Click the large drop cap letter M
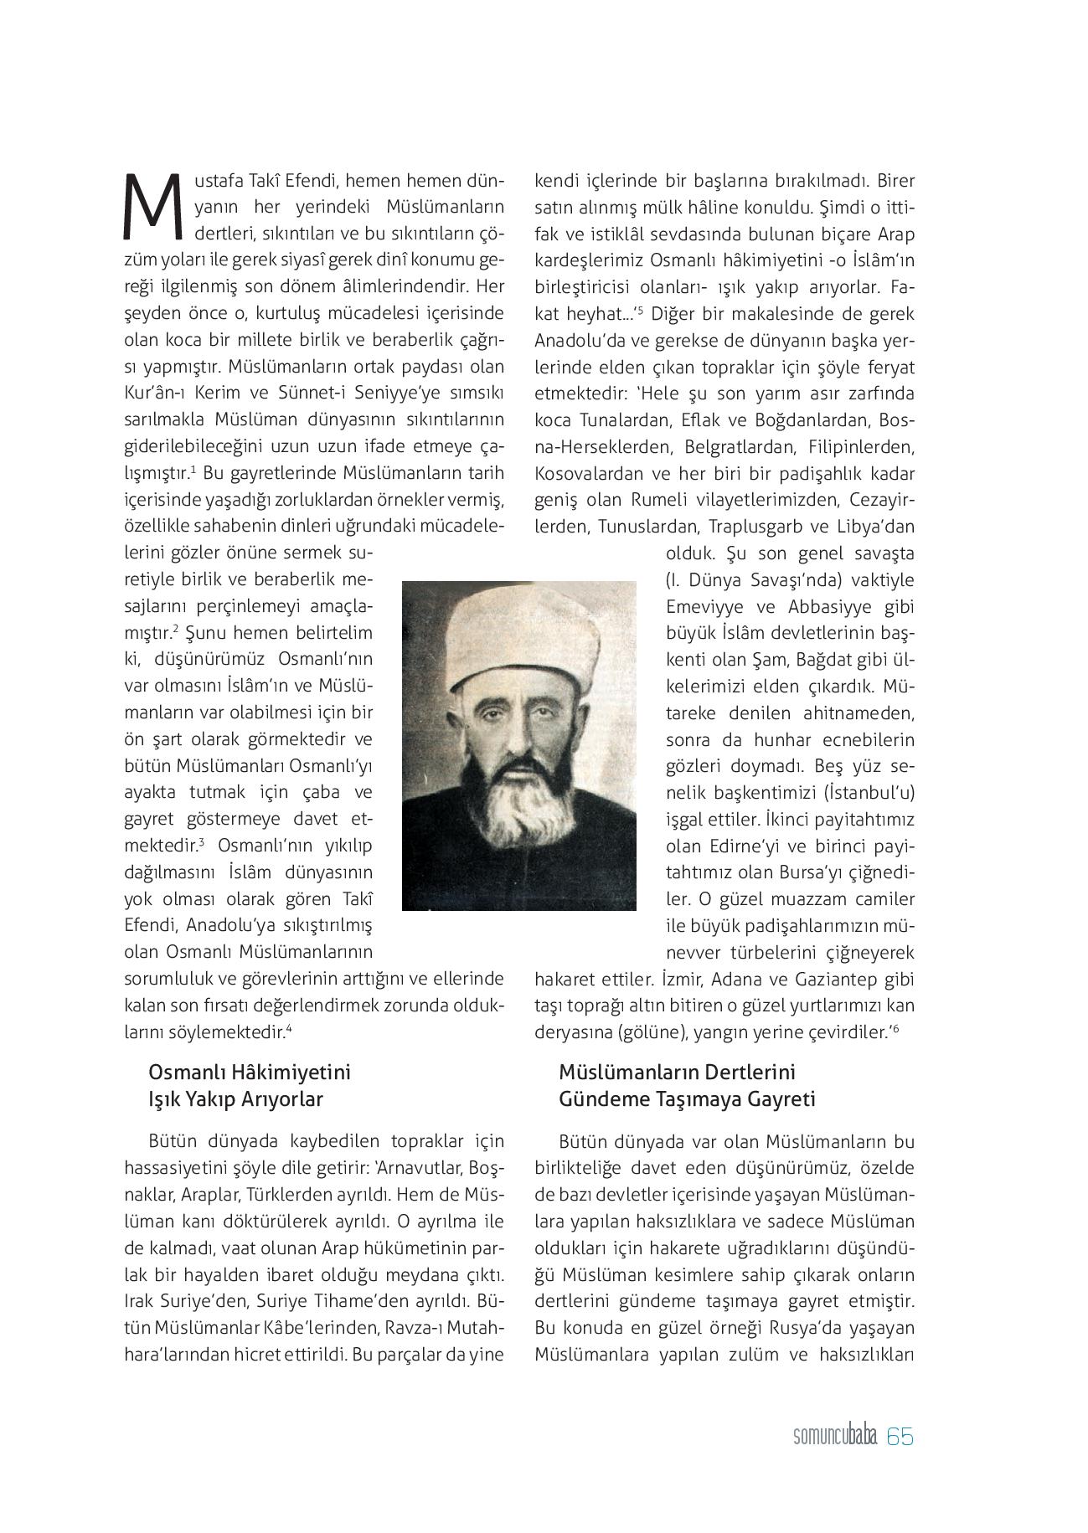pos(152,204)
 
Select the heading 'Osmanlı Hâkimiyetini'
pos(250,1073)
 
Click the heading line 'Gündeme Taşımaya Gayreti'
pos(687,1099)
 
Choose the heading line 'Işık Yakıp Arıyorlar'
pos(235,1099)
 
